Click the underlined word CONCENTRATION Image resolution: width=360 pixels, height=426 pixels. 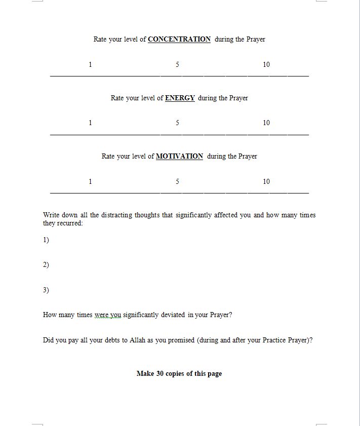179,39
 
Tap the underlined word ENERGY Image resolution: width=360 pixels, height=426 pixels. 180,98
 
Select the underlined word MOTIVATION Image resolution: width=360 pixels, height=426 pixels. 179,156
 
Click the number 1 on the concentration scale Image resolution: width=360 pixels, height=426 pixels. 90,64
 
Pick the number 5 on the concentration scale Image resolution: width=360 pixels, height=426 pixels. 177,64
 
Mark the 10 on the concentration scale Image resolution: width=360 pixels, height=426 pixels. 266,64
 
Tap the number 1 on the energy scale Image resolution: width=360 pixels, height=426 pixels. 90,123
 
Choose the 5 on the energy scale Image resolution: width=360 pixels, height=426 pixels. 177,123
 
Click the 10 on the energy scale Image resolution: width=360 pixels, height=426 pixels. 266,123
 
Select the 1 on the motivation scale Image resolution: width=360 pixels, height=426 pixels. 90,181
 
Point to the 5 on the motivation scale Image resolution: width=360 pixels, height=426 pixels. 177,181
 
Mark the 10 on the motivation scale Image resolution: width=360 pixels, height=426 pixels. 266,181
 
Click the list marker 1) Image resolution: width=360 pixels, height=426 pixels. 46,240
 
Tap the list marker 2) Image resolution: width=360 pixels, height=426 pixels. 46,264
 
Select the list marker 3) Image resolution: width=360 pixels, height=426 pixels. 46,290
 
